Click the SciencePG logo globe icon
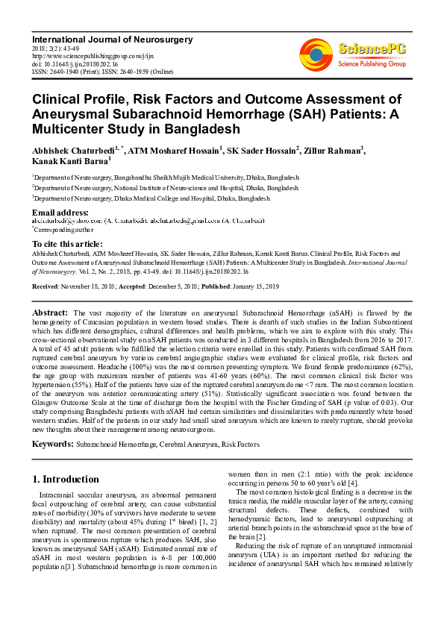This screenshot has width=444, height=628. pos(316,53)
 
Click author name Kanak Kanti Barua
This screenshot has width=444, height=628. pos(69,161)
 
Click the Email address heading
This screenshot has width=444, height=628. pos(60,212)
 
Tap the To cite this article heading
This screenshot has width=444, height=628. pos(67,244)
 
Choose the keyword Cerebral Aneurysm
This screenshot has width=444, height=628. pos(181,445)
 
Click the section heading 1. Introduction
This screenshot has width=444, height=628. pos(65,479)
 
